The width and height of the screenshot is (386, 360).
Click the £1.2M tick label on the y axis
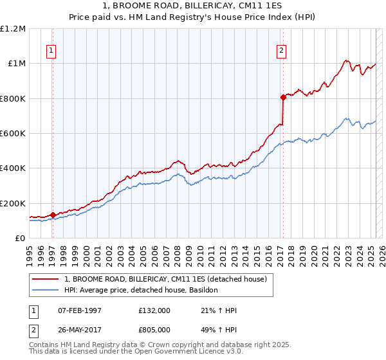click(13, 29)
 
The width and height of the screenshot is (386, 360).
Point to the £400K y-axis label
click(13, 168)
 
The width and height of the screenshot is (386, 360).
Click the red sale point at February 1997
click(53, 215)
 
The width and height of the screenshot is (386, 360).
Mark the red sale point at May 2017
click(282, 98)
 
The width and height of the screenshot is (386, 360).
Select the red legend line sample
click(46, 279)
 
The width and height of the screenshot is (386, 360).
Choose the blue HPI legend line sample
click(46, 291)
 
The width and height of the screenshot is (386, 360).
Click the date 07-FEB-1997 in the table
click(80, 310)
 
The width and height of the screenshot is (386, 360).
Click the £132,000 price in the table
click(155, 310)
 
